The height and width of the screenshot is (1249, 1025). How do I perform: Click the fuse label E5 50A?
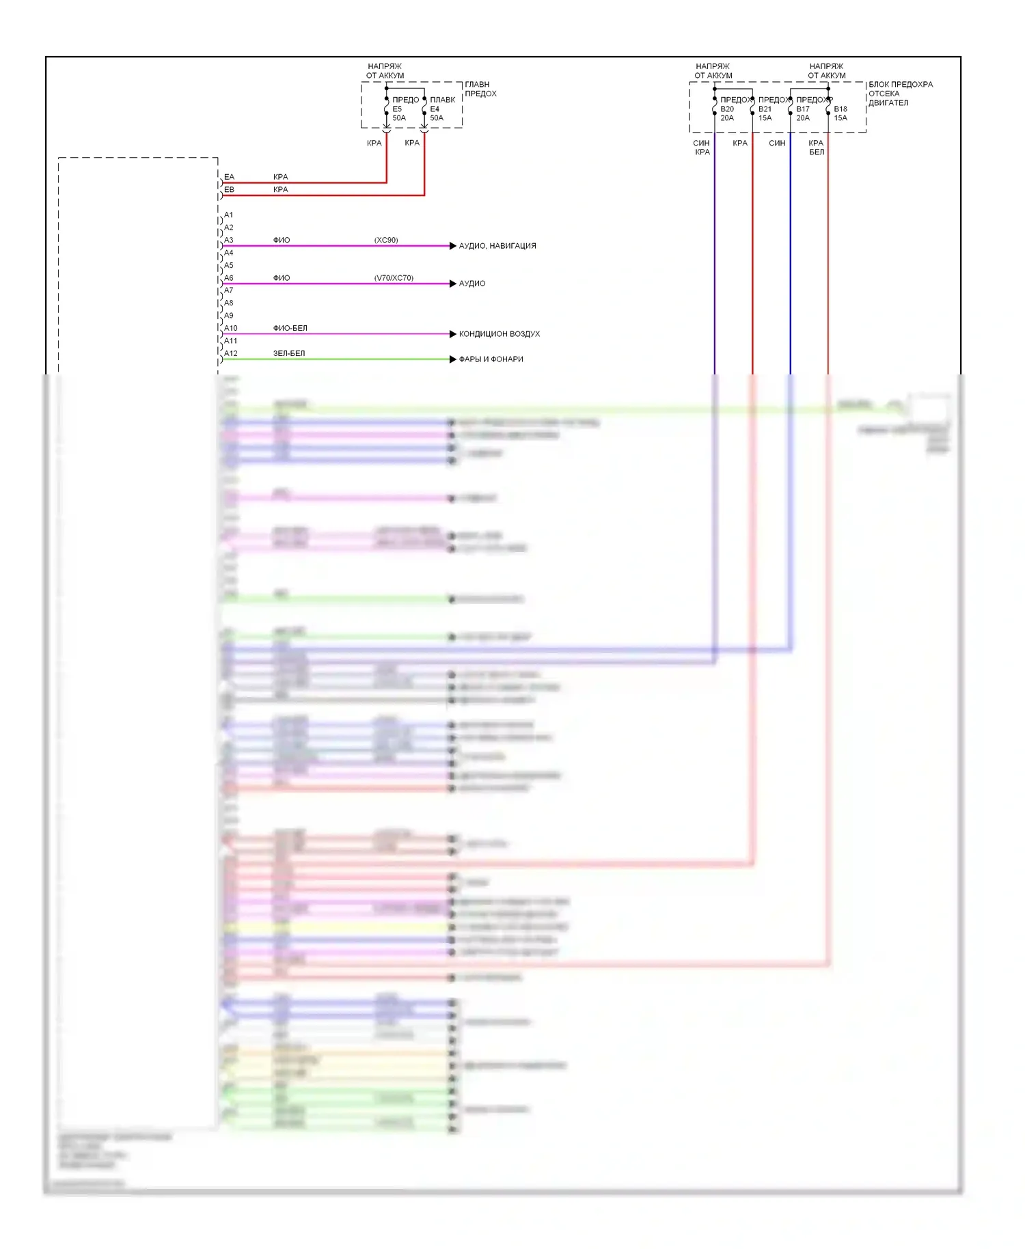tap(399, 113)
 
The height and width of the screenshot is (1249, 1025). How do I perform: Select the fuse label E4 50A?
tap(437, 113)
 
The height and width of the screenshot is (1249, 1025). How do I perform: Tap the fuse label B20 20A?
tap(727, 113)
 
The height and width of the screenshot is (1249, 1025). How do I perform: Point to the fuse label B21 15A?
tap(765, 113)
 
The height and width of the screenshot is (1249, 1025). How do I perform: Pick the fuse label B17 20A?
tap(803, 113)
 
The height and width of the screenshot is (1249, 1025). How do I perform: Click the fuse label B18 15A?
tap(840, 113)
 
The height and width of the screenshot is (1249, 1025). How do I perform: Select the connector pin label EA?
tap(229, 177)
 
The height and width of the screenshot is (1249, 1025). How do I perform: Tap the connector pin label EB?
tap(229, 189)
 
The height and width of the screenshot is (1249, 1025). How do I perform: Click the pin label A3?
tap(229, 240)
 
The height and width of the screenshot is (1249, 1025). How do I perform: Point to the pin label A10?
tap(231, 328)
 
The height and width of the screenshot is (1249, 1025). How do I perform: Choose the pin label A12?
tap(231, 353)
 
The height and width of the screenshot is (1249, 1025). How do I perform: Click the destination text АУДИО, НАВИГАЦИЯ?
tap(497, 246)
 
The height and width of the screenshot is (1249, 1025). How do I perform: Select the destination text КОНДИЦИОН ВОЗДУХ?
tap(500, 334)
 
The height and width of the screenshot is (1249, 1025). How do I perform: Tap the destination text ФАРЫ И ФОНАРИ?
tap(491, 359)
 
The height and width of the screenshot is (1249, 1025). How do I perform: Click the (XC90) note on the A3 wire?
tap(386, 240)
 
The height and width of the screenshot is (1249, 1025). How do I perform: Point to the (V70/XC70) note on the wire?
tap(394, 278)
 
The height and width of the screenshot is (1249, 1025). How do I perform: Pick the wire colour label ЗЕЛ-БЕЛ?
tap(289, 353)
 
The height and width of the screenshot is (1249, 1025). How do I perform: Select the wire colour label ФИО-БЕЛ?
tap(290, 328)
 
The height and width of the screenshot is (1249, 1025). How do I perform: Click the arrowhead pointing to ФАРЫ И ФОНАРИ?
tap(452, 359)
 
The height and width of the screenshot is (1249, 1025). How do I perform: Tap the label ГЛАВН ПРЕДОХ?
tap(480, 89)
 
